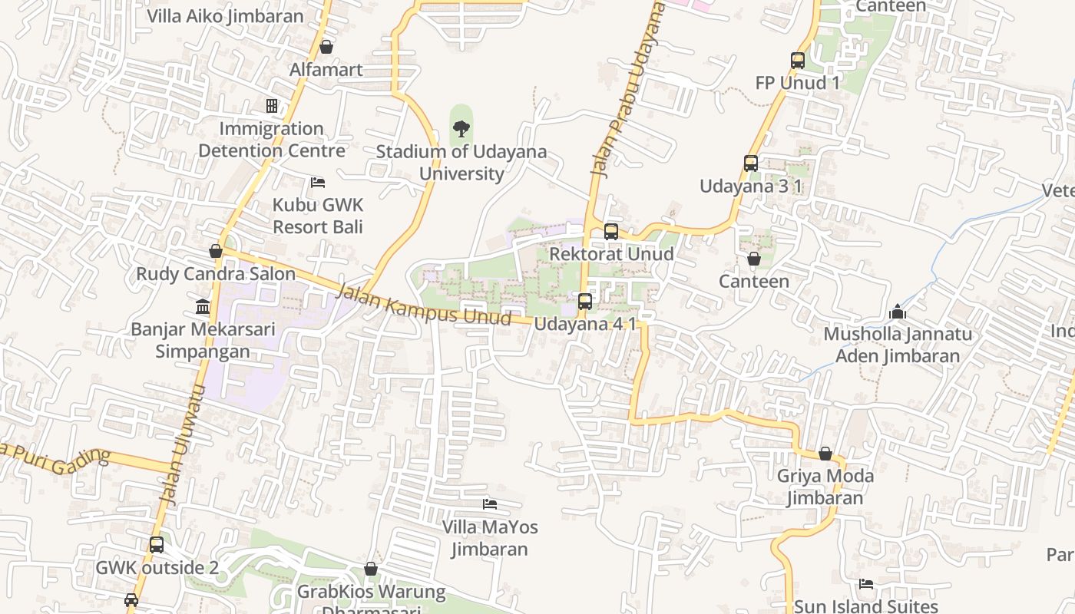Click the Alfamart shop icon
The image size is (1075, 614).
pos(326,48)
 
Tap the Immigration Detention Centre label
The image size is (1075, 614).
pos(272,139)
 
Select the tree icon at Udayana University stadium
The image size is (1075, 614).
pos(461,128)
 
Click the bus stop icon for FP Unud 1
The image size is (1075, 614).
pos(798,61)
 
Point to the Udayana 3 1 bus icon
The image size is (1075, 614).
pos(751,163)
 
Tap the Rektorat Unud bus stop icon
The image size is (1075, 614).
pos(611,231)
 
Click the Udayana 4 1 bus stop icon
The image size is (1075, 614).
pos(585,302)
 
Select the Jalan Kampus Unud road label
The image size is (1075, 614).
pos(424,305)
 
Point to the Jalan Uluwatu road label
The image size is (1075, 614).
pos(181,444)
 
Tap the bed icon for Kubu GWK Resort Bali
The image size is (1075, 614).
pos(318,183)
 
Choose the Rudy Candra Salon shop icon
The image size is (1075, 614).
pos(216,252)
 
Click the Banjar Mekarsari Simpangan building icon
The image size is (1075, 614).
pos(203,307)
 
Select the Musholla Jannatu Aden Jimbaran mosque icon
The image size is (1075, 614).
pos(897,312)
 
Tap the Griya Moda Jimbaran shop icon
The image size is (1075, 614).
pos(825,454)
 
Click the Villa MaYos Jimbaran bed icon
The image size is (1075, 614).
pos(490,504)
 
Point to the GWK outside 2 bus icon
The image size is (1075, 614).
pos(157,545)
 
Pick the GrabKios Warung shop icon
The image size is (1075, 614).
pos(371,569)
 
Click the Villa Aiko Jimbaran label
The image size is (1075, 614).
pos(225,16)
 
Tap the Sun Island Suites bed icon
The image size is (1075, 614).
pos(866,584)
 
